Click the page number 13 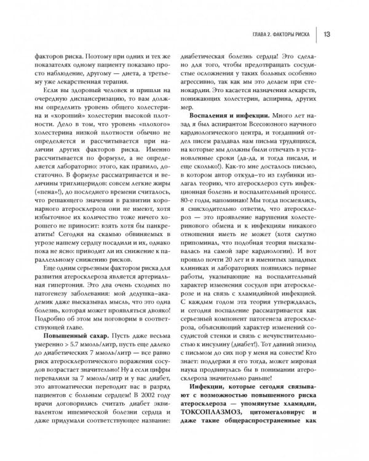pyautogui.click(x=328, y=34)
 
